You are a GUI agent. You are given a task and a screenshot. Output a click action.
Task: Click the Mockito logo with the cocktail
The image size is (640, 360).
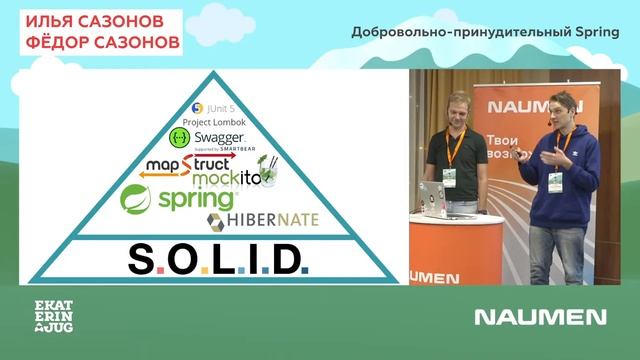pyautogui.click(x=235, y=177)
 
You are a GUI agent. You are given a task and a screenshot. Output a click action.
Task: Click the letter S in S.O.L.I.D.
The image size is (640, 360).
pyautogui.click(x=140, y=260)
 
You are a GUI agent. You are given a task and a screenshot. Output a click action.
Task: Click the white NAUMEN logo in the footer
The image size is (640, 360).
pyautogui.click(x=540, y=317)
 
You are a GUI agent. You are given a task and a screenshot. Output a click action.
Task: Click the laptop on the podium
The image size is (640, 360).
pyautogui.click(x=433, y=198)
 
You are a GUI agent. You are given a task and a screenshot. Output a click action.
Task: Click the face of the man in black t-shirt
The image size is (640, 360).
pyautogui.click(x=459, y=107)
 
